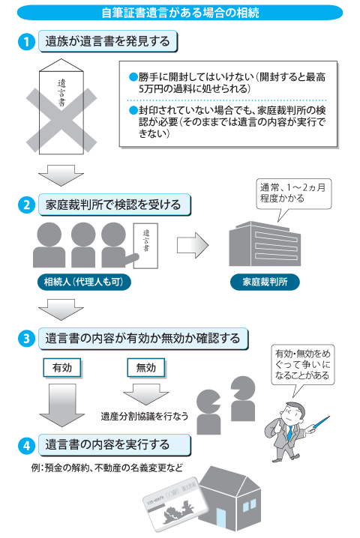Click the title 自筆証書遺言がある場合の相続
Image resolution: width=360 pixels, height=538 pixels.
pos(180,13)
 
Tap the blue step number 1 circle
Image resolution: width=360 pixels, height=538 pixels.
pos(26,42)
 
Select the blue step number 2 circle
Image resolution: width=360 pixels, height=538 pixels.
pos(26,205)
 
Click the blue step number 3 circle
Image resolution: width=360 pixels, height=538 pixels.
pos(26,339)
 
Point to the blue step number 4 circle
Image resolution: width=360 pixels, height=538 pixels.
pos(26,445)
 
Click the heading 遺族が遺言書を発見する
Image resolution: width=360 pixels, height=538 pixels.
pos(108,41)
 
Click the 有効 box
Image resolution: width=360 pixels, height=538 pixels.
pos(62,368)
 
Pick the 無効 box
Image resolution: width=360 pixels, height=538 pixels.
pos(146,368)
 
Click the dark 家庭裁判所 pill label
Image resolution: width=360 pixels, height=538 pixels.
pos(265,282)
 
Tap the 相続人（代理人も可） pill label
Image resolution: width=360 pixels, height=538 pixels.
pos(84,282)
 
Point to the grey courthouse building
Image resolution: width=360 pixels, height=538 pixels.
pos(265,244)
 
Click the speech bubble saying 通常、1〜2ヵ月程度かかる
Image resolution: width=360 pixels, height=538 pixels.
pos(294,194)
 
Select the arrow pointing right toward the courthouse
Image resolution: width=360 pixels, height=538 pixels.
pos(193,245)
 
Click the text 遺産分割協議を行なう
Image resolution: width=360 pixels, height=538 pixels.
pos(145,416)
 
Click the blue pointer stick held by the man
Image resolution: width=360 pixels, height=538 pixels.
pos(319,422)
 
